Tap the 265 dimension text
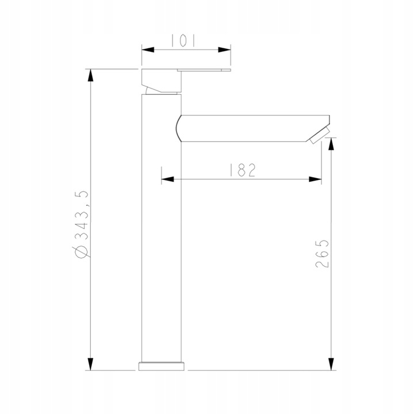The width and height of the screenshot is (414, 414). tap(323, 253)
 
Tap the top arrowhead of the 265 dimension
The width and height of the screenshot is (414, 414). tap(331, 146)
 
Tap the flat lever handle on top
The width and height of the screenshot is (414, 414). tap(204, 71)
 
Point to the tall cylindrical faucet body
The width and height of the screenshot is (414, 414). tap(162, 241)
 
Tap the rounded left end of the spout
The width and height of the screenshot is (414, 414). tap(178, 127)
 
